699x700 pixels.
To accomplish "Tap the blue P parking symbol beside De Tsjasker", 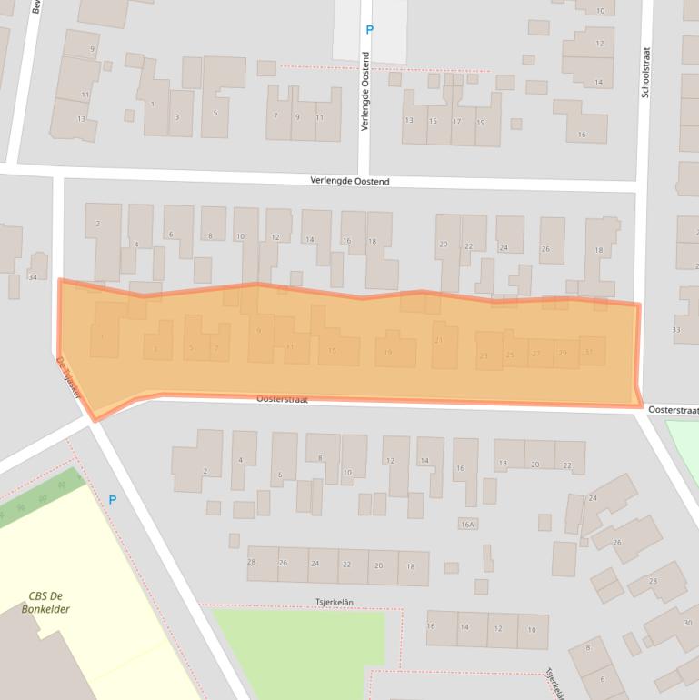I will coord(113,499).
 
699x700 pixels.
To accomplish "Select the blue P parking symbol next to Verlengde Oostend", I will coord(369,30).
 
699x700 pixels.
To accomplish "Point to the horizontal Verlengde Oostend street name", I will coord(350,182).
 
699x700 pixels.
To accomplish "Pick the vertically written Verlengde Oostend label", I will coord(364,92).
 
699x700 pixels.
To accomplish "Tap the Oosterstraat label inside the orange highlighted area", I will coord(283,398).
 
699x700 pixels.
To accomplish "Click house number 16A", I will coord(468,525).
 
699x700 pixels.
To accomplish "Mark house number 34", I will coord(34,276).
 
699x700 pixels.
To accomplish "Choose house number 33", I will coord(675,329).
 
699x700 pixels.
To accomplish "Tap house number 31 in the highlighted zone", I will coord(590,352).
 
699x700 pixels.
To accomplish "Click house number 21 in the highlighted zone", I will coord(439,340).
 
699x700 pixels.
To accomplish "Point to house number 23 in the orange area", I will coord(484,355).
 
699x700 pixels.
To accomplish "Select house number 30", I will coord(688,623).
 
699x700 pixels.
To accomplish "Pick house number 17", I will coord(457,121).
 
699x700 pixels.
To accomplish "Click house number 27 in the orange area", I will coord(536,354).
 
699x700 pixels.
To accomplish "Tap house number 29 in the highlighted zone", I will coord(563,353).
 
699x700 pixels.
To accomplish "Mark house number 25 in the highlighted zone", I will coord(510,355).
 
